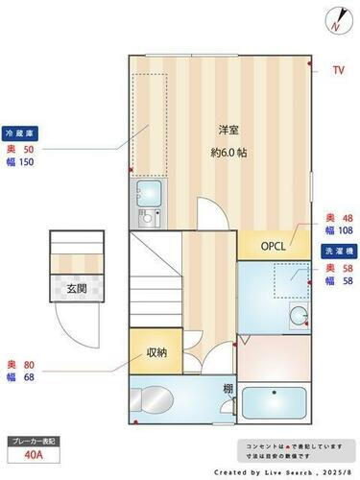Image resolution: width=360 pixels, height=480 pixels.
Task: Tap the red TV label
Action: coord(337,70)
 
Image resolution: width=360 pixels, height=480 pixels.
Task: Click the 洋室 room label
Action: coord(228,130)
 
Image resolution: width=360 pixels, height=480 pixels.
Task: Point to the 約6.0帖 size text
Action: coord(228,152)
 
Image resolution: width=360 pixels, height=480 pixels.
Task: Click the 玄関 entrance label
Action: coord(75,289)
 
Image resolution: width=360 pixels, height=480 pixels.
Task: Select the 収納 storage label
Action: coord(157,352)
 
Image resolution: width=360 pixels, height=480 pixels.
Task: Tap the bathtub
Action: coord(275,404)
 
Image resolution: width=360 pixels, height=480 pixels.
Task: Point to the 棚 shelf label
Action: coord(228,389)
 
